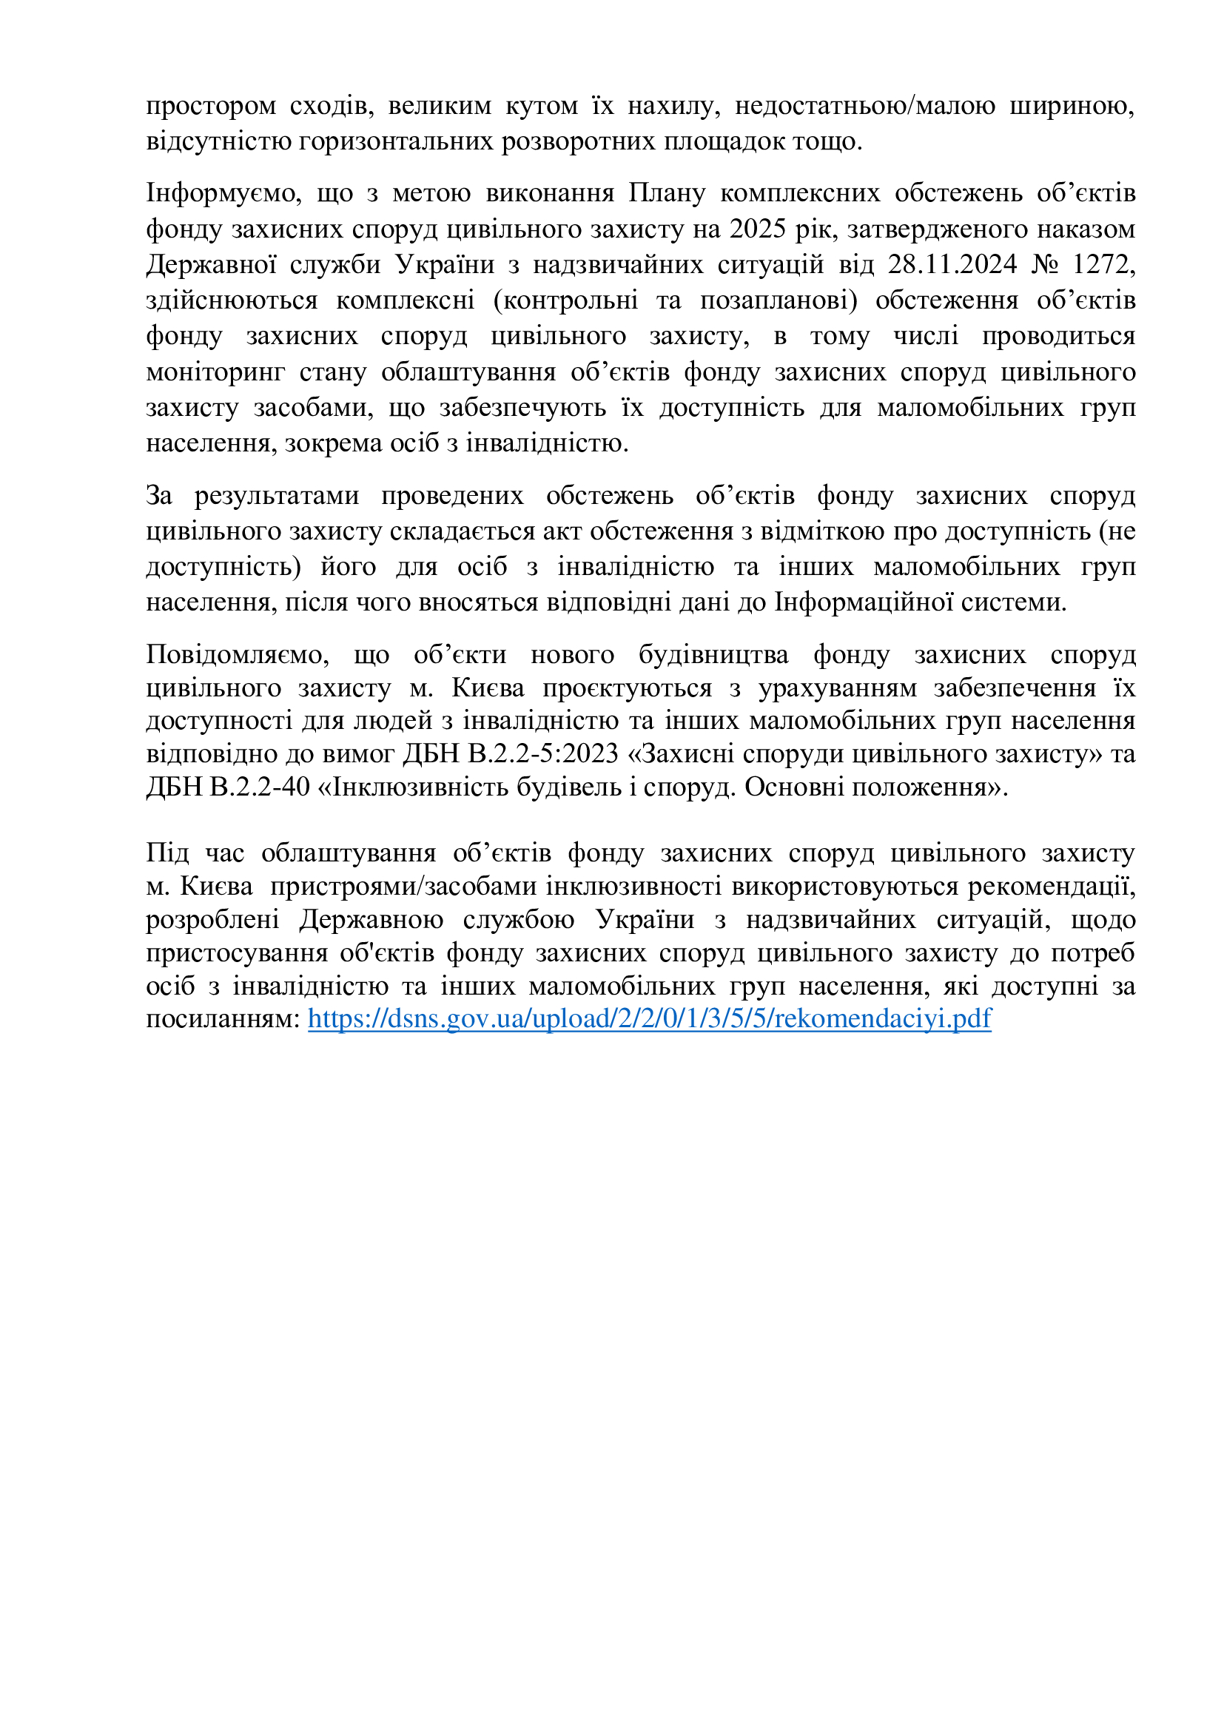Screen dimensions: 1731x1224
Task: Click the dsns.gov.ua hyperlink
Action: coord(649,1018)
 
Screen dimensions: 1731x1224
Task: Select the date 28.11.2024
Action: coord(952,265)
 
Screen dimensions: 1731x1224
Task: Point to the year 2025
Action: coord(758,229)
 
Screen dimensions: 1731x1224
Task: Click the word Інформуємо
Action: coord(223,194)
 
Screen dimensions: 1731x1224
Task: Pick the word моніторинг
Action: coord(215,372)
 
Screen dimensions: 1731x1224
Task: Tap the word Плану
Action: coord(667,194)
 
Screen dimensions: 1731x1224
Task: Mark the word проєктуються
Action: coord(627,688)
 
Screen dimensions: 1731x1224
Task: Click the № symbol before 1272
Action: coord(1045,265)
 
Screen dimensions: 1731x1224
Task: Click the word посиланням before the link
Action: coord(223,1018)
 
